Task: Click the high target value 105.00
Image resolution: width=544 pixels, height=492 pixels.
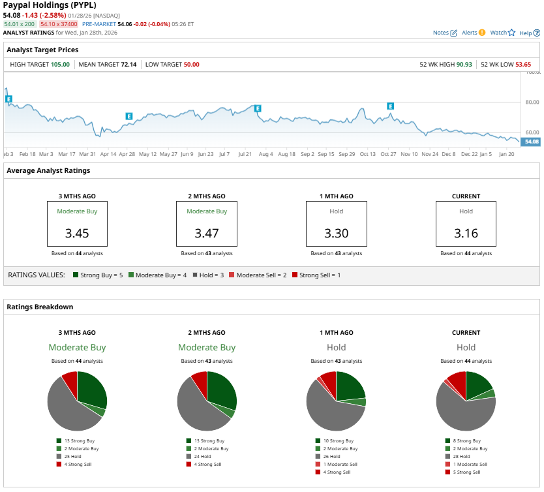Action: click(60, 65)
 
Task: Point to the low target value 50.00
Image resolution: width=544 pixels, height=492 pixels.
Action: click(191, 65)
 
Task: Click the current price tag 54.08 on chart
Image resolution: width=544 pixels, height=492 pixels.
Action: click(531, 142)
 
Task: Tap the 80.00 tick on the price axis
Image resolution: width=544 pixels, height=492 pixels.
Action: click(532, 102)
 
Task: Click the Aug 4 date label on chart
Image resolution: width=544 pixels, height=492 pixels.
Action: click(265, 155)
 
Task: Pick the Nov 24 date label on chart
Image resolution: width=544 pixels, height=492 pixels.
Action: click(430, 155)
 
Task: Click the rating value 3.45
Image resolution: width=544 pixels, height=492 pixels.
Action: click(77, 232)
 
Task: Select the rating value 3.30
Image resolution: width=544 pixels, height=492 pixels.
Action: click(337, 232)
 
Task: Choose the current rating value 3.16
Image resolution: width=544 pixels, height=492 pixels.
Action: click(466, 232)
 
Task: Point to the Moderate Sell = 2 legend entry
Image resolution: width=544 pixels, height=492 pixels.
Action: click(260, 275)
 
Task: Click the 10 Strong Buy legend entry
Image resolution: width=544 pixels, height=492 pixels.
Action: click(339, 441)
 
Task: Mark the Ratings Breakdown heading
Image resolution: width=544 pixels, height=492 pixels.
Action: click(40, 307)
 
